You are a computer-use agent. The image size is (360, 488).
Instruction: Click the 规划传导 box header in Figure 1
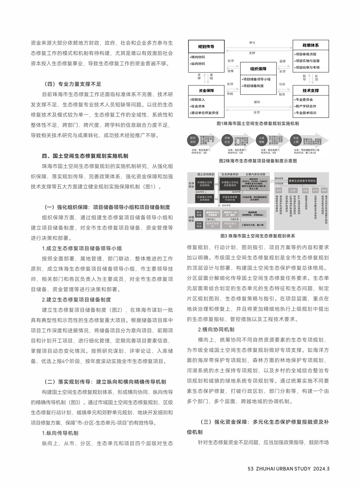point(206,46)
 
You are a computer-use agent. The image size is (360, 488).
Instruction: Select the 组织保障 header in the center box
point(258,69)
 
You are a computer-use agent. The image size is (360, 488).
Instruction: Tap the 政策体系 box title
point(310,45)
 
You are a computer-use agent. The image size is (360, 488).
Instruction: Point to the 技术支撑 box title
point(310,90)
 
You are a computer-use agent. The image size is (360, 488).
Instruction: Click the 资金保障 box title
point(206,90)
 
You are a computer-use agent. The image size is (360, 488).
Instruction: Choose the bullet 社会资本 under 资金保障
point(198,106)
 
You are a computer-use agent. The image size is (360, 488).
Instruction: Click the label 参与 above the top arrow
point(252,43)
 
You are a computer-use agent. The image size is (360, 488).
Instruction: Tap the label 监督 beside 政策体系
point(282,61)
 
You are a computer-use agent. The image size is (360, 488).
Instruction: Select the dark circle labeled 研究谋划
point(193,140)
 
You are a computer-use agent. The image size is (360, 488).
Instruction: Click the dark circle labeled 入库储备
point(262,140)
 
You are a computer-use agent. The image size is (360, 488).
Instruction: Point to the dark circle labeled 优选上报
point(296,140)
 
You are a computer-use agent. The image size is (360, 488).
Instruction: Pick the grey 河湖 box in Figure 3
point(305,191)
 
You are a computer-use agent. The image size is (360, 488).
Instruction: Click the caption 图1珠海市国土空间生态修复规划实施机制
point(258,123)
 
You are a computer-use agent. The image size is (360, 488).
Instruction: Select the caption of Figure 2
point(258,161)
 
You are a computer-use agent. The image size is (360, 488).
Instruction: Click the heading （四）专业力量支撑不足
point(72,84)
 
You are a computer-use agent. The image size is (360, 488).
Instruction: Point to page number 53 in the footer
point(250,469)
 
